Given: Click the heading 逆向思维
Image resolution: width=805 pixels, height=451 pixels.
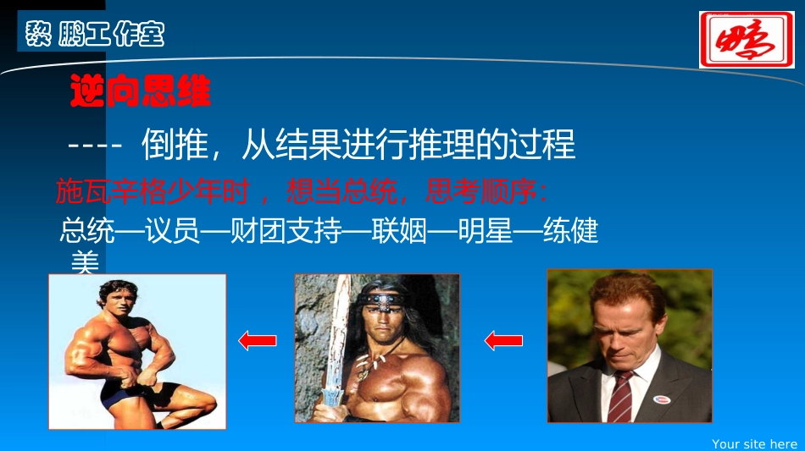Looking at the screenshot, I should click(140, 91).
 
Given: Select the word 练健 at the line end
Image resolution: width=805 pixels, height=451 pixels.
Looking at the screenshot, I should click(571, 230).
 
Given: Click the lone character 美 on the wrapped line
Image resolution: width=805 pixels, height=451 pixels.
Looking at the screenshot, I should click(85, 263).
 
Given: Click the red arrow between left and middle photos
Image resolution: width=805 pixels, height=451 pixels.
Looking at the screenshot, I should click(258, 341).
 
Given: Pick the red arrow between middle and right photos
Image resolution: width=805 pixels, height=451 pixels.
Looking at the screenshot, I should click(503, 341).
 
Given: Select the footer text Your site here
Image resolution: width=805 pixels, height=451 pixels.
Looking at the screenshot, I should click(754, 443).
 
